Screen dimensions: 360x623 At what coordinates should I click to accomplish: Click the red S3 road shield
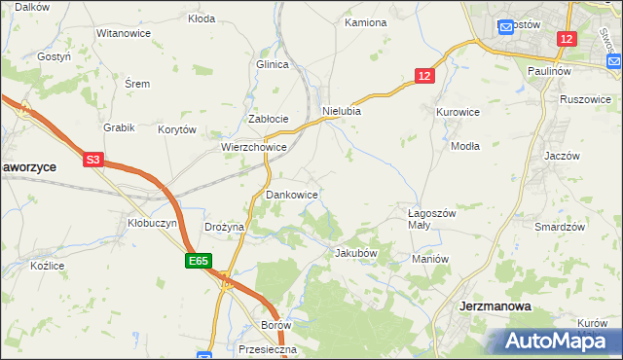[93, 159]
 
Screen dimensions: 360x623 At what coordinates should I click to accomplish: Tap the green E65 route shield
[199, 261]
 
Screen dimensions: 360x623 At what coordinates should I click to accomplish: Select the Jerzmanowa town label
[495, 306]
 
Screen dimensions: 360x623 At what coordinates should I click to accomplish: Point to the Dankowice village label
[292, 196]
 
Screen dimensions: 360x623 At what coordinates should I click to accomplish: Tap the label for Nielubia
[342, 111]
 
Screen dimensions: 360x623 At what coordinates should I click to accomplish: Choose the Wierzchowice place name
[253, 148]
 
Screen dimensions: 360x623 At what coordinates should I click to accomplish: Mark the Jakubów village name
[355, 253]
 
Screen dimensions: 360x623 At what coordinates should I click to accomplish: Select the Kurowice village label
[458, 112]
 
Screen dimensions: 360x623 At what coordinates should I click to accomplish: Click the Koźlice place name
[48, 266]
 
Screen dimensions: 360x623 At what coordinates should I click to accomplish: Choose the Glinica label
[274, 64]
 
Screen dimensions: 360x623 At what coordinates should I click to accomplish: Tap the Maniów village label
[429, 259]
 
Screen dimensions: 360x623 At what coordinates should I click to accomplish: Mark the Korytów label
[178, 129]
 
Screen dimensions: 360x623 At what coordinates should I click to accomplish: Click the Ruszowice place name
[585, 99]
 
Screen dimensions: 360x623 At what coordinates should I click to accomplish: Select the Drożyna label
[224, 227]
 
